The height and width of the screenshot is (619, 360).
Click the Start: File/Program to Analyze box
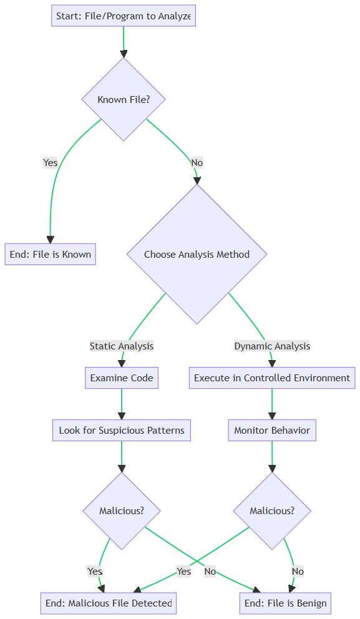124,16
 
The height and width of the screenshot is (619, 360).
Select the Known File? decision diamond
124,99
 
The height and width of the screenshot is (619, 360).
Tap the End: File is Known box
50,254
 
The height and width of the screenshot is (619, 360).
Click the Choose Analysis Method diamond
197,254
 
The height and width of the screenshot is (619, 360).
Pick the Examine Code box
122,378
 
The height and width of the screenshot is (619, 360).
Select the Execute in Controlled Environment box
272,378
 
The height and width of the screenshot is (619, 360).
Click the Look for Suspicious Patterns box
122,431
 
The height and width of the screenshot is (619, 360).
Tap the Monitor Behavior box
272,431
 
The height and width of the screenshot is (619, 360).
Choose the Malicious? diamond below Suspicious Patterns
122,511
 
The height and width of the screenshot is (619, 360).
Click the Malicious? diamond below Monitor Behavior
272,511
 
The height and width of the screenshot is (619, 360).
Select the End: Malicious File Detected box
109,603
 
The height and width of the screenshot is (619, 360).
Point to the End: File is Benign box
285,603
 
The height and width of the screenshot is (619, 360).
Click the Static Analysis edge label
122,346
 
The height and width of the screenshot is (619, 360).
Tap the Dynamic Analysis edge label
272,346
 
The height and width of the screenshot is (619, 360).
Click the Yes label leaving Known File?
50,163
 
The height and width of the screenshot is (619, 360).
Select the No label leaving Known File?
197,163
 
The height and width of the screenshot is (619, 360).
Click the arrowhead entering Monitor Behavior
272,416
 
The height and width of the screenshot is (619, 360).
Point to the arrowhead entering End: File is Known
50,240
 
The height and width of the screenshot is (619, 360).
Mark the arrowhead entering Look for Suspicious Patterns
122,416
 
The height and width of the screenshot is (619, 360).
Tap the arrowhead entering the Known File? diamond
124,54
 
